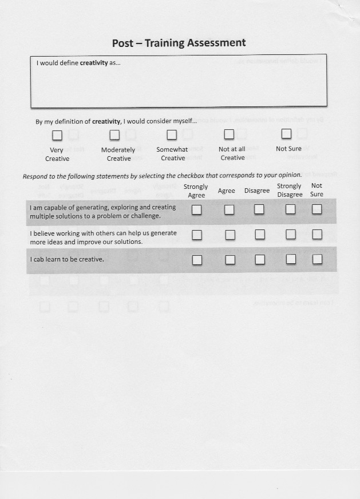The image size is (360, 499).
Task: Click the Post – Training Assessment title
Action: click(x=179, y=43)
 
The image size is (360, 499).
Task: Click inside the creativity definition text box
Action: click(x=179, y=86)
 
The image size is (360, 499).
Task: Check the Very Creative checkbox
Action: click(x=57, y=135)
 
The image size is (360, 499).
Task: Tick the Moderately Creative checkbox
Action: click(x=114, y=135)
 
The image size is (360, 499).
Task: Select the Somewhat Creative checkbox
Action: click(x=172, y=134)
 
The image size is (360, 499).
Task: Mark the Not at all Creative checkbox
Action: click(x=229, y=134)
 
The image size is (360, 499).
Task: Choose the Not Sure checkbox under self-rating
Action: click(x=286, y=133)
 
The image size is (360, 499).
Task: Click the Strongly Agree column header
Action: click(x=196, y=191)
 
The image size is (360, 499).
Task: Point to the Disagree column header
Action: click(x=257, y=191)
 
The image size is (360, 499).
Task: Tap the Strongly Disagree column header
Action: click(x=290, y=190)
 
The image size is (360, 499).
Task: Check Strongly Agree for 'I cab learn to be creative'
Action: click(x=197, y=260)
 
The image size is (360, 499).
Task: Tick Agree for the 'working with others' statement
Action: click(x=230, y=235)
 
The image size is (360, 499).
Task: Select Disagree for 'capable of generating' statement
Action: click(x=259, y=209)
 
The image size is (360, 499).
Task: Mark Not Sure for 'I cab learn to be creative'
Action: click(x=317, y=259)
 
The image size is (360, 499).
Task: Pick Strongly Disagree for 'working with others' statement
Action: click(x=291, y=234)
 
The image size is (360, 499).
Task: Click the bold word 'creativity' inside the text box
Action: click(x=94, y=63)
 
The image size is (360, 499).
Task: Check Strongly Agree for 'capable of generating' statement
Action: click(x=197, y=210)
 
